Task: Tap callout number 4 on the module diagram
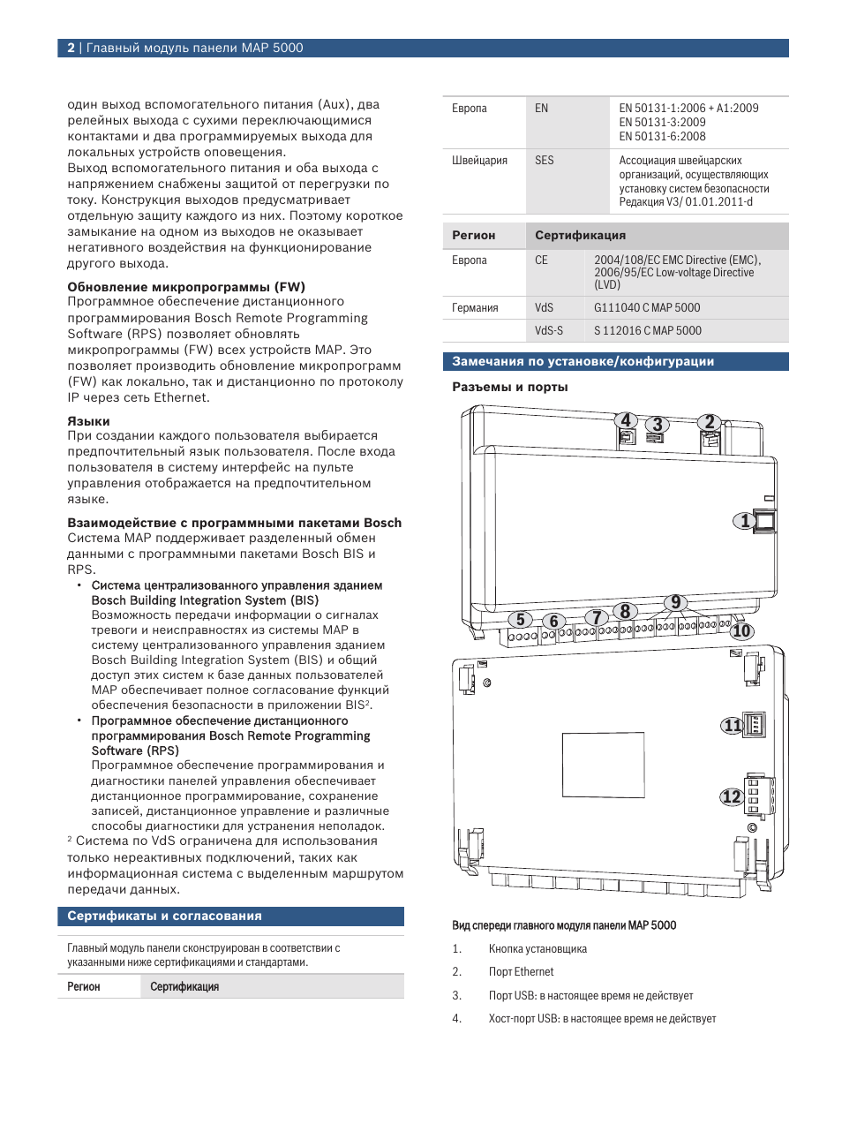pyautogui.click(x=626, y=420)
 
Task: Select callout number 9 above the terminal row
pyautogui.click(x=675, y=602)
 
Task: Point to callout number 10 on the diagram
pyautogui.click(x=741, y=630)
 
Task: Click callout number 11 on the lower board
pyautogui.click(x=732, y=726)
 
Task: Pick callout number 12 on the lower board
pyautogui.click(x=731, y=796)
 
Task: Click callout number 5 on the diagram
pyautogui.click(x=521, y=620)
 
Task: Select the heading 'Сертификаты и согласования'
pyautogui.click(x=164, y=917)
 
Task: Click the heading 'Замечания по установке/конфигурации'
pyautogui.click(x=583, y=362)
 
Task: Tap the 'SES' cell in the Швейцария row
pyautogui.click(x=545, y=161)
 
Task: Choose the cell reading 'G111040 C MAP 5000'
pyautogui.click(x=647, y=308)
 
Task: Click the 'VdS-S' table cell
pyautogui.click(x=548, y=331)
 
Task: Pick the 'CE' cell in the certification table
pyautogui.click(x=541, y=260)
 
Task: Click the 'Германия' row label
pyautogui.click(x=475, y=308)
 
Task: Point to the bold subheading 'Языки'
pyautogui.click(x=88, y=421)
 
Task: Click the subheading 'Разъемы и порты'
pyautogui.click(x=509, y=388)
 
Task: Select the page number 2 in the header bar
pyautogui.click(x=71, y=49)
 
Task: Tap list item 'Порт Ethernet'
pyautogui.click(x=521, y=972)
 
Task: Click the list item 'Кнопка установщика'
pyautogui.click(x=538, y=949)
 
